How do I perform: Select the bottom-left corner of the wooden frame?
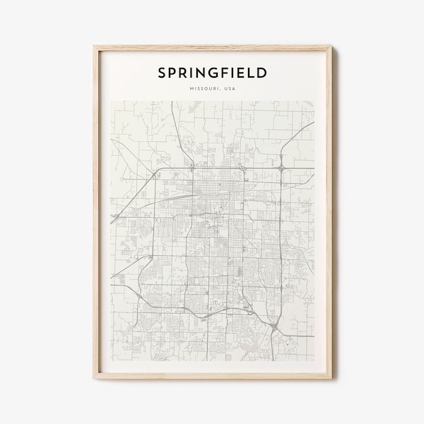tap(94, 381)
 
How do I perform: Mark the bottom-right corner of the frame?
tap(331, 381)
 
